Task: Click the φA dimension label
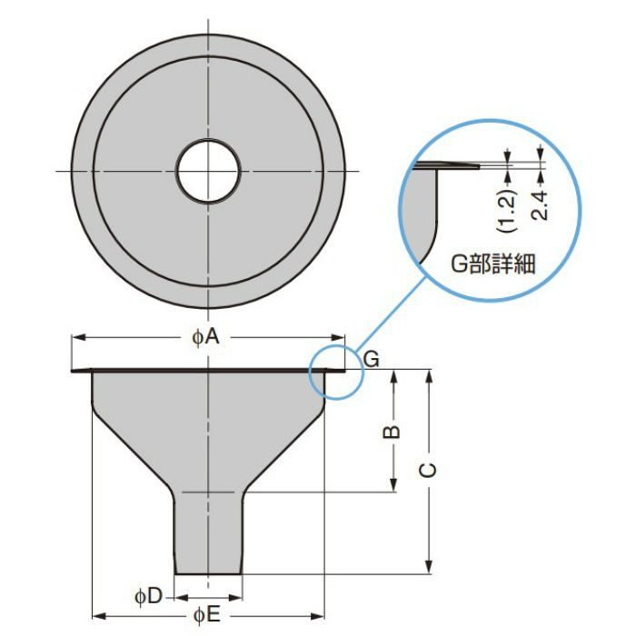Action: pyautogui.click(x=205, y=337)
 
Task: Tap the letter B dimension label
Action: pyautogui.click(x=392, y=432)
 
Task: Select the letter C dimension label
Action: pyautogui.click(x=428, y=470)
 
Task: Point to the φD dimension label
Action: pyautogui.click(x=148, y=596)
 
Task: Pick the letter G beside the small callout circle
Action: pyautogui.click(x=371, y=359)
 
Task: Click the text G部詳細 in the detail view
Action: pyautogui.click(x=492, y=264)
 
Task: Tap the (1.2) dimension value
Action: pyautogui.click(x=508, y=211)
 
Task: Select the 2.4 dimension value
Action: pyautogui.click(x=540, y=205)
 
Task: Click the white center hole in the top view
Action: pyautogui.click(x=208, y=171)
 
